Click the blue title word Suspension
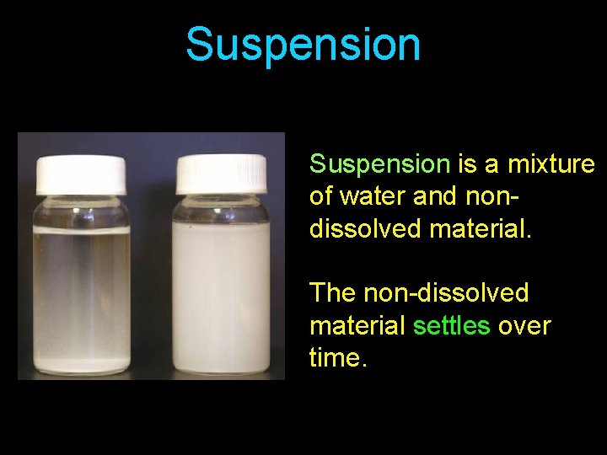click(303, 45)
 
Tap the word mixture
click(551, 163)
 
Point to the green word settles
click(451, 325)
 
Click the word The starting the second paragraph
click(333, 293)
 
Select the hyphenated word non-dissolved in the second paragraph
click(446, 293)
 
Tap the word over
click(524, 325)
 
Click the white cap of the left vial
click(81, 172)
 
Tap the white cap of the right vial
click(222, 173)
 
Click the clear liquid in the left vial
click(81, 286)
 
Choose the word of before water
click(321, 195)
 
